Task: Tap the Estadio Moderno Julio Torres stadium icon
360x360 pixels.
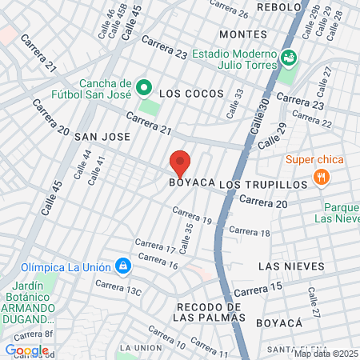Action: (x=288, y=58)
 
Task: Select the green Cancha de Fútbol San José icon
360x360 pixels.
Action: (x=143, y=86)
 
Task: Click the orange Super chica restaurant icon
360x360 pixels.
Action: (x=322, y=177)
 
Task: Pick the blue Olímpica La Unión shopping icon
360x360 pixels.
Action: (x=122, y=265)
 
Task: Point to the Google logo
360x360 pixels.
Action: (x=26, y=350)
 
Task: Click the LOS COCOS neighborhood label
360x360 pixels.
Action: (x=191, y=94)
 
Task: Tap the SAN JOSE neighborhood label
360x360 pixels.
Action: (x=102, y=137)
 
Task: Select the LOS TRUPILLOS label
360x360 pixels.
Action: (x=263, y=184)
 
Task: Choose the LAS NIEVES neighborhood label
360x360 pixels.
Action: (x=291, y=266)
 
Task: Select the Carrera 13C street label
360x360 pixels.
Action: (x=118, y=288)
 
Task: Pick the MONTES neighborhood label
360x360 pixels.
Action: (x=242, y=34)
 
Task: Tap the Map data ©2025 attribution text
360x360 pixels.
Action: (x=326, y=353)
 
